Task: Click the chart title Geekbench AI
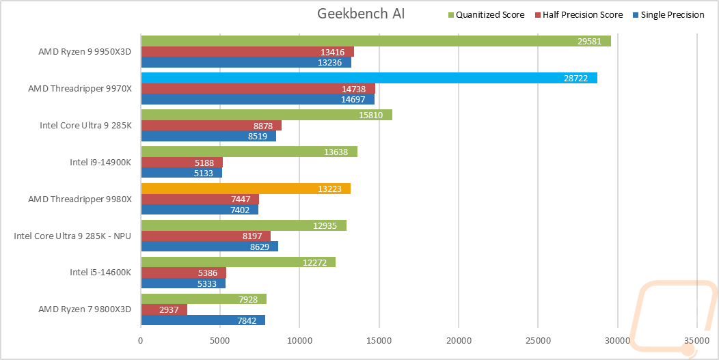tap(361, 14)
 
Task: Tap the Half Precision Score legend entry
tap(582, 14)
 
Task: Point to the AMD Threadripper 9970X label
tap(81, 88)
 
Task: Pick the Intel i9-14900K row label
tap(102, 162)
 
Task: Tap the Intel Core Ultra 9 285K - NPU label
tap(73, 236)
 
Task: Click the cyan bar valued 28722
tap(369, 78)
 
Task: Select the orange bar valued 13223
tap(245, 189)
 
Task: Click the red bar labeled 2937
tap(164, 309)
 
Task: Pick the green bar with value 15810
tap(267, 115)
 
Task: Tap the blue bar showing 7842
tap(203, 320)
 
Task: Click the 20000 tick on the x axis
tap(459, 340)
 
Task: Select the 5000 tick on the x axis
tap(220, 340)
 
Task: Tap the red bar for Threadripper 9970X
tap(258, 88)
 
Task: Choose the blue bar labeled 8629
tap(209, 247)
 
